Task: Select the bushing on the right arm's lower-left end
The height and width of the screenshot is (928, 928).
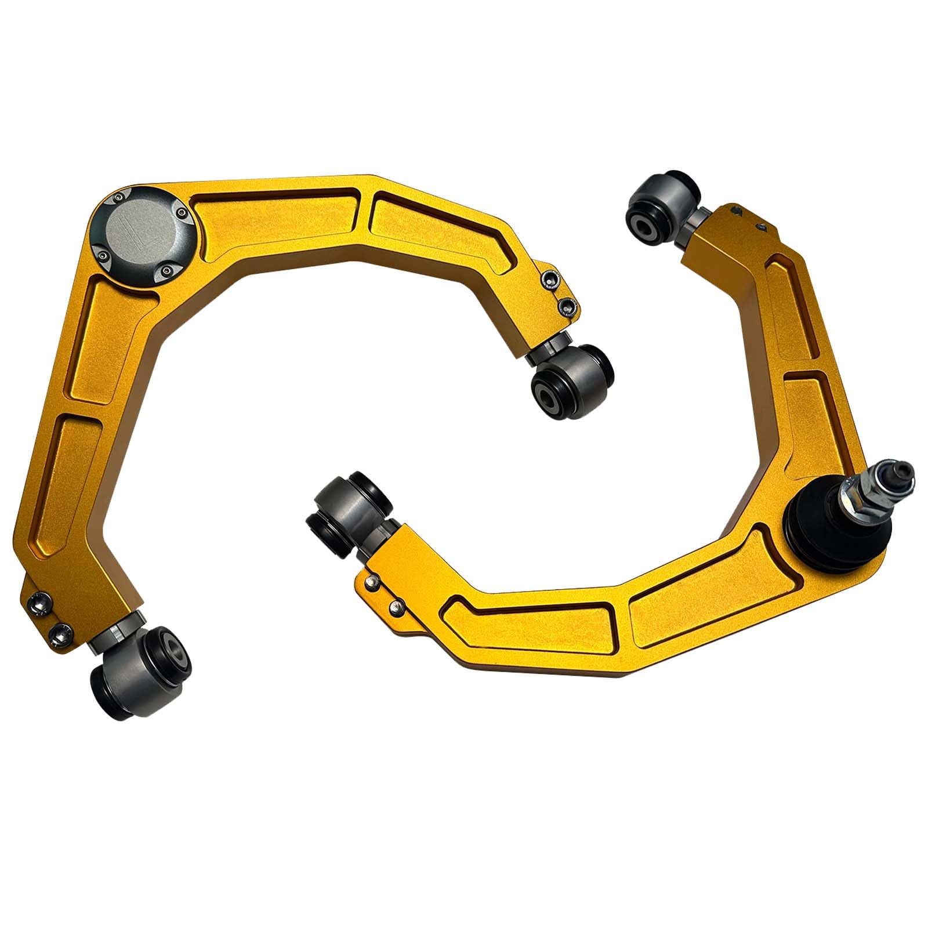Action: click(x=348, y=505)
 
